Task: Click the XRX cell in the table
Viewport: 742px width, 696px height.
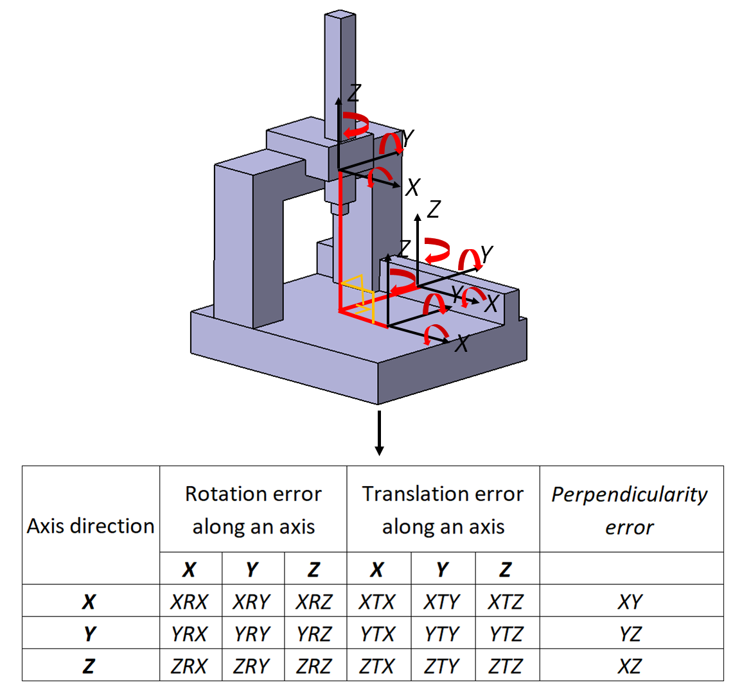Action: (x=190, y=602)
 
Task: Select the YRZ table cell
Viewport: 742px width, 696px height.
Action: (x=314, y=634)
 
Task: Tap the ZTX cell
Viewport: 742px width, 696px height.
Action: (x=377, y=666)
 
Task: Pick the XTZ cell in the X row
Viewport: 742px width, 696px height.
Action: (x=506, y=602)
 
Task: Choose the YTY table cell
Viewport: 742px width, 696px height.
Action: (x=441, y=634)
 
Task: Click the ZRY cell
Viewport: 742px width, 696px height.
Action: (x=252, y=666)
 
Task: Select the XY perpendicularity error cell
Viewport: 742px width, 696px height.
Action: (x=630, y=602)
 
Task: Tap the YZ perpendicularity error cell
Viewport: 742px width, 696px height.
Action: (x=630, y=634)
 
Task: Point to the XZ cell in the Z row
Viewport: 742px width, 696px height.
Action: (x=630, y=666)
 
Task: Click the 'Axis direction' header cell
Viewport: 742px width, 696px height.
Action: (x=91, y=525)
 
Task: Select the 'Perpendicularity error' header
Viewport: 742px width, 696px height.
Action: (x=630, y=510)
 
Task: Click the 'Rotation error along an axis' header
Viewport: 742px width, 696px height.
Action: (x=254, y=510)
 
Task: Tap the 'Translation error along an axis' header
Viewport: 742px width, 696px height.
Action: (x=443, y=510)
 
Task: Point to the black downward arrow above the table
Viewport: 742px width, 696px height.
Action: (x=378, y=433)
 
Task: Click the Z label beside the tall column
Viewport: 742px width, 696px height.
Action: (x=355, y=92)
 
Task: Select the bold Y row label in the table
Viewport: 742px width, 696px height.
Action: (x=89, y=634)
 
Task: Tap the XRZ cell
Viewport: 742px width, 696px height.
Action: (x=314, y=602)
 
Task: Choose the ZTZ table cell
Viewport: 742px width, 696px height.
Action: (x=506, y=666)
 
